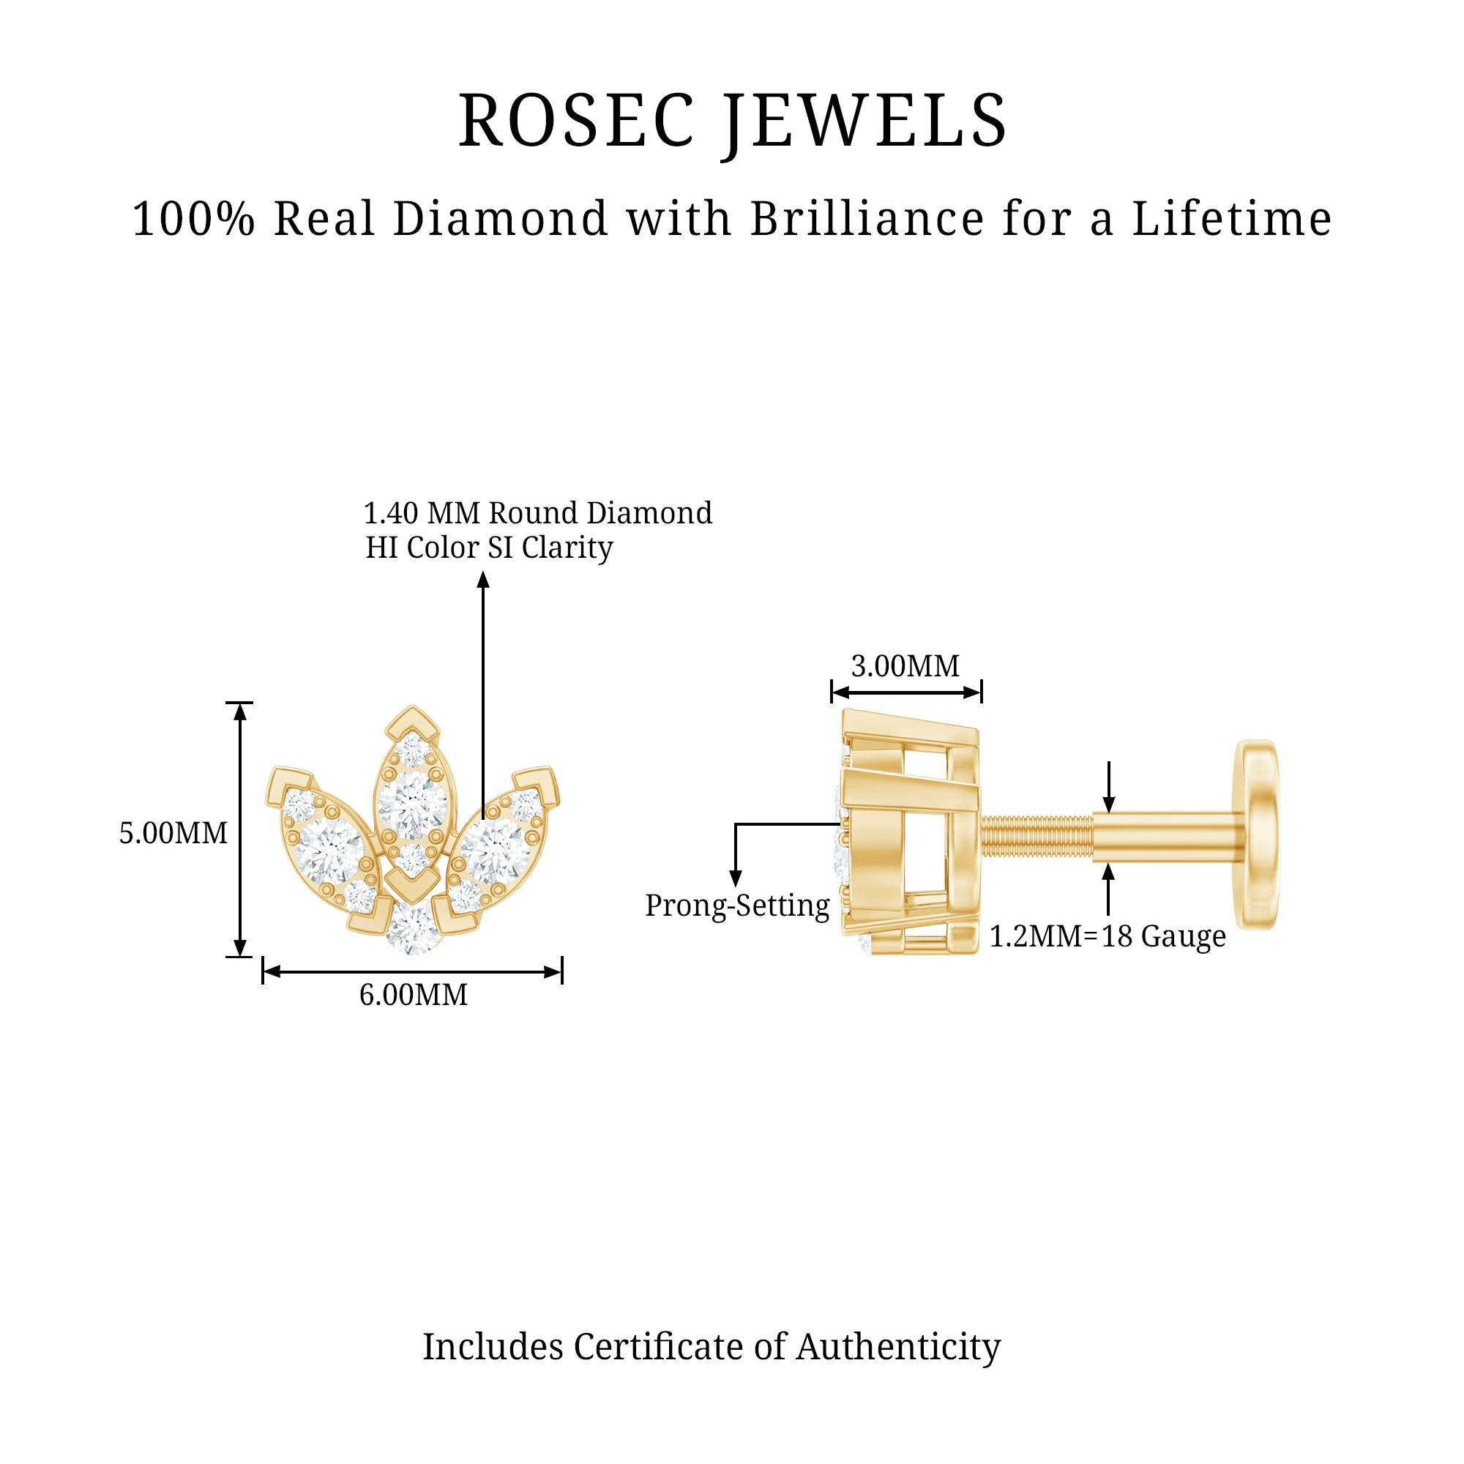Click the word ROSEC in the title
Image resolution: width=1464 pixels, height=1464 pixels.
coord(576,121)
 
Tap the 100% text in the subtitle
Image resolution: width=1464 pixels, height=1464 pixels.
coord(194,219)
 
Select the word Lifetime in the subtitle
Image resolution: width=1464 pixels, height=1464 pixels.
coord(1231,219)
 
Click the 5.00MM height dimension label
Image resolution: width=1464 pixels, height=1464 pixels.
coord(173,834)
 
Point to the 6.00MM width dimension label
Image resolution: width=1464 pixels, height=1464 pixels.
coord(414,995)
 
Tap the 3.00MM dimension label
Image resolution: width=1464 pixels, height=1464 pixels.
coord(905,666)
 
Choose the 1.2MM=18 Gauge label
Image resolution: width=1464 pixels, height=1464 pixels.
coord(1108,937)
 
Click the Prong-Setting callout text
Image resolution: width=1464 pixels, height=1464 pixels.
coord(737,905)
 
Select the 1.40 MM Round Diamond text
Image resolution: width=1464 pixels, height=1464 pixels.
coord(538,513)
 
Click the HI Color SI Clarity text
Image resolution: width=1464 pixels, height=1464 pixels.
coord(490,548)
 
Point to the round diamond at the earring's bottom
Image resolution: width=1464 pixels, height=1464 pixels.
coord(413,928)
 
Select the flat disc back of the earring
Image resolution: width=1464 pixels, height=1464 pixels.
coord(1257,834)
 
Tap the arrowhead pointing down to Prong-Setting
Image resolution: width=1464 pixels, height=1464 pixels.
coord(735,879)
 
